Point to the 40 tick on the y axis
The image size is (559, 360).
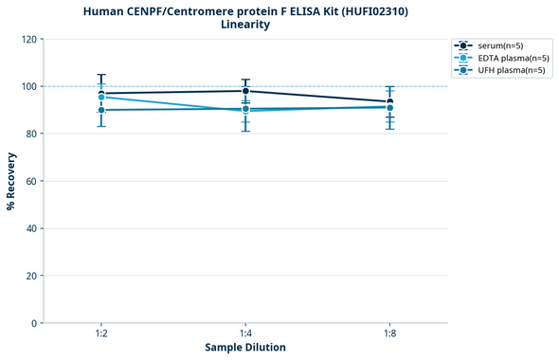pyautogui.click(x=30, y=228)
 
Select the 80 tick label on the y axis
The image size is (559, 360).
pyautogui.click(x=30, y=134)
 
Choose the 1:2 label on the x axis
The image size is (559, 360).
pyautogui.click(x=101, y=333)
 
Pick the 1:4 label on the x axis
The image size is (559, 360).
pyautogui.click(x=245, y=333)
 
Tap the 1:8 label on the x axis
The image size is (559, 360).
pyautogui.click(x=389, y=333)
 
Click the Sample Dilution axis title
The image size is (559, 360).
pyautogui.click(x=245, y=348)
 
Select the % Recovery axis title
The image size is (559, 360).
pyautogui.click(x=11, y=181)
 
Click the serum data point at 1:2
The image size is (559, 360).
pyautogui.click(x=101, y=94)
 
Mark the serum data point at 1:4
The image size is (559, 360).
pyautogui.click(x=245, y=91)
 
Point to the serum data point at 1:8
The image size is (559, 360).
pyautogui.click(x=389, y=102)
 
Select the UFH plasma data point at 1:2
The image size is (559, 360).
pyautogui.click(x=101, y=110)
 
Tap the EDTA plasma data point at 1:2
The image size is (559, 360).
pyautogui.click(x=101, y=98)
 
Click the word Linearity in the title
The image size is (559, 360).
pyautogui.click(x=245, y=25)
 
